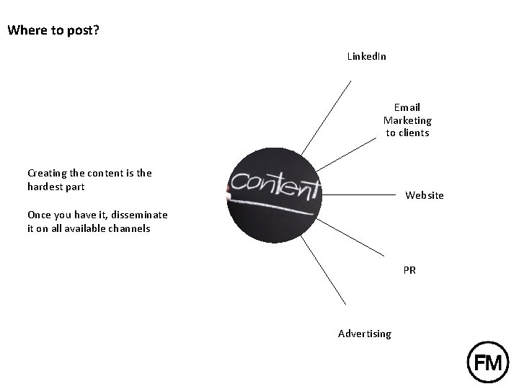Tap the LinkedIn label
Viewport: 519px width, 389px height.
tap(366, 55)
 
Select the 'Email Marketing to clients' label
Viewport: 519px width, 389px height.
tap(407, 120)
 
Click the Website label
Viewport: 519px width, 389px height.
tap(425, 195)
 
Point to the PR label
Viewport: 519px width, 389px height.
tap(409, 270)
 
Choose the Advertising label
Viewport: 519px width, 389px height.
tap(365, 334)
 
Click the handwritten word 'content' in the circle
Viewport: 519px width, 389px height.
tap(275, 186)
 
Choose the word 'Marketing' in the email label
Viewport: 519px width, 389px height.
tap(407, 120)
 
